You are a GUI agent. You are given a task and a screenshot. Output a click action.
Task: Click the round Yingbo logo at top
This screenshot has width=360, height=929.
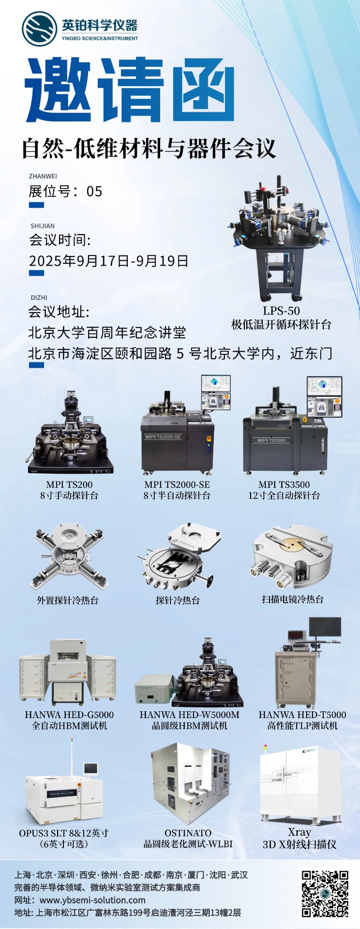click(x=39, y=29)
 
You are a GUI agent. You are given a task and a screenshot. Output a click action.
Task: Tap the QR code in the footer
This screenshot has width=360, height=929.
click(x=325, y=894)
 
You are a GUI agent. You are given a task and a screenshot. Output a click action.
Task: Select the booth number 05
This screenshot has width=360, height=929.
click(x=94, y=192)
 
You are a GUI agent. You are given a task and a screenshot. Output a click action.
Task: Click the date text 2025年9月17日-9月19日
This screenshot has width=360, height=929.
click(x=108, y=261)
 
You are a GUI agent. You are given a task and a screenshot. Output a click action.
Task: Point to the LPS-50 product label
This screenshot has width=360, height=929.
click(x=281, y=311)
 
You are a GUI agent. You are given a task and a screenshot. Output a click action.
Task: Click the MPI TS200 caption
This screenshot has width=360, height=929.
click(x=69, y=484)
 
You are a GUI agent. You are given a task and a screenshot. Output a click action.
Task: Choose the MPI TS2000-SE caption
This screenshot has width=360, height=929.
click(x=177, y=484)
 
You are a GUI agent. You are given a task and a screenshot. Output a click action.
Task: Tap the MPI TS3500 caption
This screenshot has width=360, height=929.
click(x=284, y=484)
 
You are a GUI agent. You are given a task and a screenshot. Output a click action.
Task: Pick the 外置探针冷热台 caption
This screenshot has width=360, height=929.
click(x=68, y=600)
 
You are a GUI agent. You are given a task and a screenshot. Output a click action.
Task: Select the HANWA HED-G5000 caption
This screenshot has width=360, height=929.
click(x=69, y=715)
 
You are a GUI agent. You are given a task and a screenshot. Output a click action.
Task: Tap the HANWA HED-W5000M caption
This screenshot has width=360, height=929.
click(x=190, y=715)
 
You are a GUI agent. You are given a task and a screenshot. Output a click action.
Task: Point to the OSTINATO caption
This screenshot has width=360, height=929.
click(x=188, y=833)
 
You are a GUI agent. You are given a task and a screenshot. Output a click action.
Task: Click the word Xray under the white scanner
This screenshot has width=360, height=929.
click(x=300, y=832)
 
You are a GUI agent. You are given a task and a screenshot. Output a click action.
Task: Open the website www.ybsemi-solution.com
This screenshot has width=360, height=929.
click(x=92, y=900)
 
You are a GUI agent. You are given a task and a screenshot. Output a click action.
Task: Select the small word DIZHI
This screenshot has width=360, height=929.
click(x=39, y=298)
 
